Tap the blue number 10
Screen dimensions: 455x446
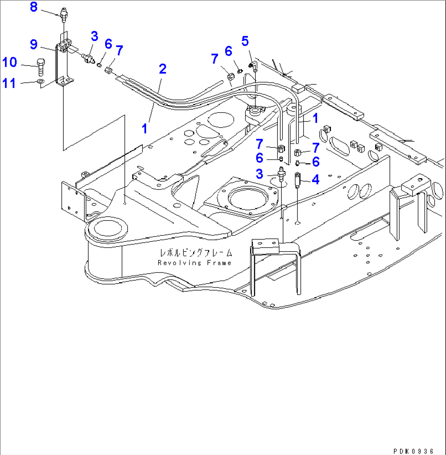9,63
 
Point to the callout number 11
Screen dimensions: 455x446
9,83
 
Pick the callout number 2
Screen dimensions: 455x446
162,69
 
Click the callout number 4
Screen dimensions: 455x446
316,179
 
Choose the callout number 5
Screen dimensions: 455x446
245,41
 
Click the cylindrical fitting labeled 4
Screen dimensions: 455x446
297,179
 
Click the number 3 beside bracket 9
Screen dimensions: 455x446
94,36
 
